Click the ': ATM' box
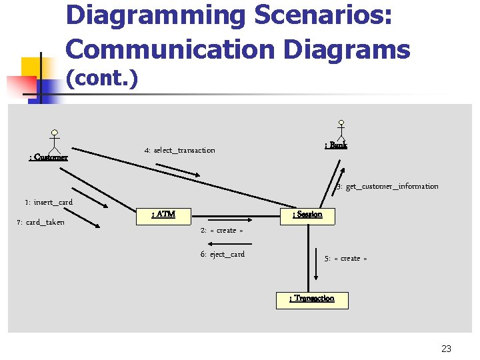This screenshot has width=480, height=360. pos(164,215)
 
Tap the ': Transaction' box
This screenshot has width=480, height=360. pos(312,299)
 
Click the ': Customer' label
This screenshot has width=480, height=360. pos(48,158)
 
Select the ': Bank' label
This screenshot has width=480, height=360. pos(335,145)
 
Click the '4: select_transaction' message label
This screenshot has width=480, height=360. pos(180,151)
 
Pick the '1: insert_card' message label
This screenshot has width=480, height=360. pos(49,203)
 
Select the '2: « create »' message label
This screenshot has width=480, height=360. pos(221,231)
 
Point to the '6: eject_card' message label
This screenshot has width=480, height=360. pos(223,255)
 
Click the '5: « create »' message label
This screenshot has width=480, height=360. pos(345,259)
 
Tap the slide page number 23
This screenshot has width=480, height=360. pos(446,349)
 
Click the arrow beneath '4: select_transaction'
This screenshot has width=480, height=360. pos(181,171)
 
